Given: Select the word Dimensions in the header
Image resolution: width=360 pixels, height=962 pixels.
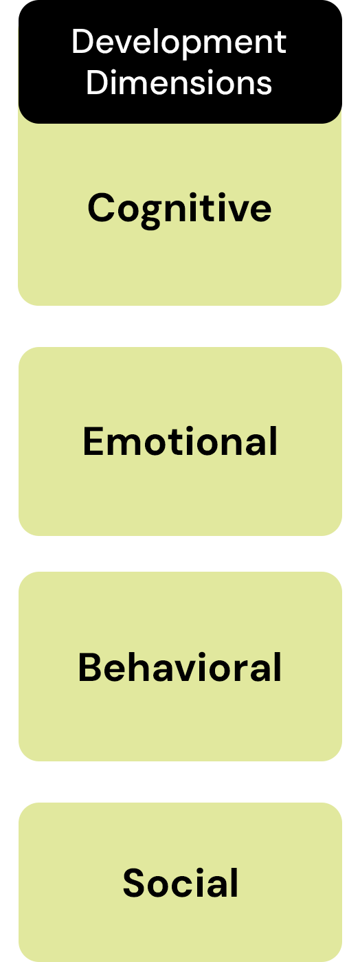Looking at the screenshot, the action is tap(179, 82).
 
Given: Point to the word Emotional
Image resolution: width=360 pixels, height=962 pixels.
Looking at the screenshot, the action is tap(180, 441).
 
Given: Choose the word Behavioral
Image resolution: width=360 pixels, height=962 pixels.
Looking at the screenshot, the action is tap(180, 667).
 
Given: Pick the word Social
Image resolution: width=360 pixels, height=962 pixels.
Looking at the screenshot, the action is tap(181, 882).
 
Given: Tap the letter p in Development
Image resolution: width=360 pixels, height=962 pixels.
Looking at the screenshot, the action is tap(194, 47).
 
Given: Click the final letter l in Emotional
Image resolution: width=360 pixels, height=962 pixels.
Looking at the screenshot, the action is tap(274, 441).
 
